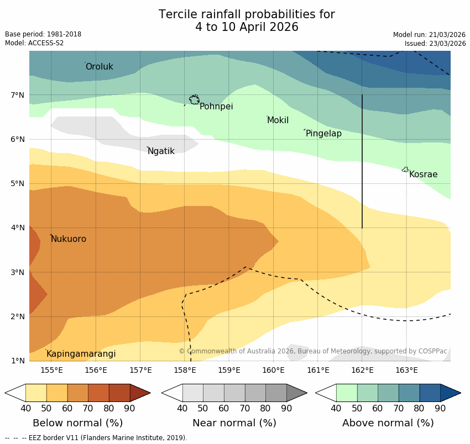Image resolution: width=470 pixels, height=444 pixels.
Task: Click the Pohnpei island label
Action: point(216,107)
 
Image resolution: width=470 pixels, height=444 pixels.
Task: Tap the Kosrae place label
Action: point(423,175)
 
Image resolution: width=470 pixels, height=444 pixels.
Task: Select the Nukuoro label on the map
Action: point(69,239)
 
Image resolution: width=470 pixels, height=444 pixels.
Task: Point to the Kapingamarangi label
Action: point(81,354)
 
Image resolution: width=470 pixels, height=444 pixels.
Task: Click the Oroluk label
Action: point(99,67)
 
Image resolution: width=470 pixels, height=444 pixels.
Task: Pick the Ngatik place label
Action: point(161,151)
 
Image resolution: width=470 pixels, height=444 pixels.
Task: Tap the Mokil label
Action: point(278,120)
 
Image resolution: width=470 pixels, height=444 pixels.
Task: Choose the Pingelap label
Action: point(323,134)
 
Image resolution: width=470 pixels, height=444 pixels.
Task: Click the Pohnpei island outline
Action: point(194,99)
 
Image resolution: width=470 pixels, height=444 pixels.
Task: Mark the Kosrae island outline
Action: point(405,170)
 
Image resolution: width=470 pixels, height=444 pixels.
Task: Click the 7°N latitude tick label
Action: point(18,95)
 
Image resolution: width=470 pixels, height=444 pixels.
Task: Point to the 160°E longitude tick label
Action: point(274,370)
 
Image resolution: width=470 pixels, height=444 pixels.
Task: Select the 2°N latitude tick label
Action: point(18,316)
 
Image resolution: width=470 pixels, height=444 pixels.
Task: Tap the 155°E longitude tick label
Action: point(51,370)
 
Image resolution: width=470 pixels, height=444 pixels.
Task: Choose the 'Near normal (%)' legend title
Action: point(234,423)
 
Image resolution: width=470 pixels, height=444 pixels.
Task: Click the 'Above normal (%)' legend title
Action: point(388,423)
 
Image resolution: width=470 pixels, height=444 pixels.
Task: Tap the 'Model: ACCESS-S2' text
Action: point(34,43)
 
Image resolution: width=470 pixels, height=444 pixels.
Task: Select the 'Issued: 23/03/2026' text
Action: point(435,44)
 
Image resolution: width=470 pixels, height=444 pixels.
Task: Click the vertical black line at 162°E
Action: point(362,166)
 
